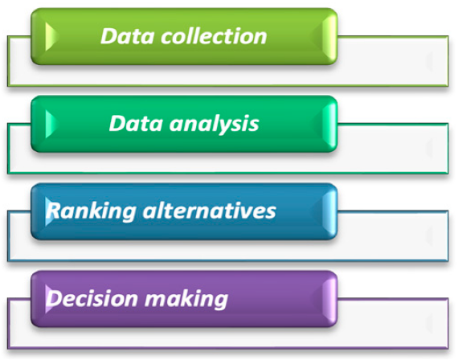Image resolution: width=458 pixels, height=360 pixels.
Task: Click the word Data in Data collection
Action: (x=127, y=36)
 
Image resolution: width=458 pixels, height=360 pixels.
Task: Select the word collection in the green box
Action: (x=214, y=36)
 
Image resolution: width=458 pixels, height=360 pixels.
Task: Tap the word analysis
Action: (x=214, y=124)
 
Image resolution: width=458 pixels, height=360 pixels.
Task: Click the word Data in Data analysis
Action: (x=136, y=123)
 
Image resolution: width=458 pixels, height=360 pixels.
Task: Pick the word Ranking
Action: (x=91, y=211)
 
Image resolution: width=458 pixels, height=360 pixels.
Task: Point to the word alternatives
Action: (x=209, y=211)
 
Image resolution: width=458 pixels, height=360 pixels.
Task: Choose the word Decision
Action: (x=92, y=298)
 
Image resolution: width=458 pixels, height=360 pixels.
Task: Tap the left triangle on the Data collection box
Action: (x=51, y=36)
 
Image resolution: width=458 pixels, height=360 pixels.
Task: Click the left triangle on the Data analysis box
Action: (x=51, y=124)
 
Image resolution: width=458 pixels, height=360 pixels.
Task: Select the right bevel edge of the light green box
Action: (x=329, y=36)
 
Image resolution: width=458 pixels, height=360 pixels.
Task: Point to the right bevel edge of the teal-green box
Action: (x=329, y=124)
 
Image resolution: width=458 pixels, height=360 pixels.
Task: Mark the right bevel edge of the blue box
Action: (x=329, y=211)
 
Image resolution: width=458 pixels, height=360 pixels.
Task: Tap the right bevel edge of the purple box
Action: (x=329, y=299)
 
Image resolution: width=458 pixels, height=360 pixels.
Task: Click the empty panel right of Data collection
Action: (x=393, y=61)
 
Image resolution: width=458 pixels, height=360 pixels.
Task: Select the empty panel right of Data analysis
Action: (x=393, y=149)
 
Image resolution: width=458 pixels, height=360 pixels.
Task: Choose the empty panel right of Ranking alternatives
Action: (x=393, y=235)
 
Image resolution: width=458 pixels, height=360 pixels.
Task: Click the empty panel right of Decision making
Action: (x=393, y=323)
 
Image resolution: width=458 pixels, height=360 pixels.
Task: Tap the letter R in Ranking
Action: (x=53, y=211)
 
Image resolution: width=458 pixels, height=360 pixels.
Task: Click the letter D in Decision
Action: (x=55, y=298)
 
